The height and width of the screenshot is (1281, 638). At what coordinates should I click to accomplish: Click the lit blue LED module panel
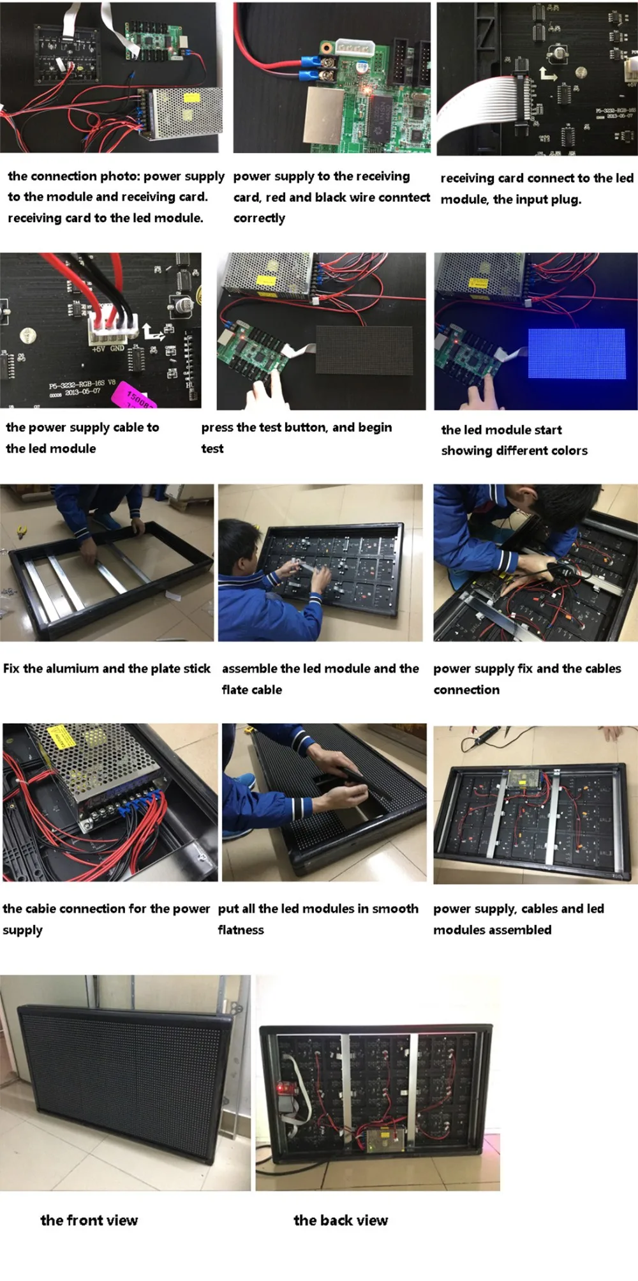coord(576,353)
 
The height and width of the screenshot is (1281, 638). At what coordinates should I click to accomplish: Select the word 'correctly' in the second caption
coord(259,218)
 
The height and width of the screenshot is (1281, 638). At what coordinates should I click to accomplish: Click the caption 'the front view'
coord(89,1220)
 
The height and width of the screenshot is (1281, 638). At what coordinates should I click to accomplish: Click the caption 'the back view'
coord(340,1220)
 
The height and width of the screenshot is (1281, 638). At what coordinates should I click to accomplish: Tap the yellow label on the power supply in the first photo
coord(191,98)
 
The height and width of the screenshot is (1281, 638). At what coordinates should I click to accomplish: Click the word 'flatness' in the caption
coord(241,930)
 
